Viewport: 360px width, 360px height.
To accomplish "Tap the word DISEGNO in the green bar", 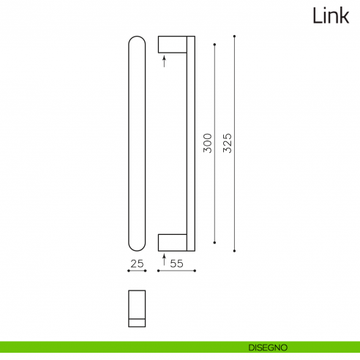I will click(x=266, y=346).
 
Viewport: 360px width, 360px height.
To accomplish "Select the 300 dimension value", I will click(x=207, y=143).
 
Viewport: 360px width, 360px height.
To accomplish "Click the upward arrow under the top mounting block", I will click(x=164, y=61).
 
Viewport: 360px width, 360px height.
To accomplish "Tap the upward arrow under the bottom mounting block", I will click(x=164, y=260).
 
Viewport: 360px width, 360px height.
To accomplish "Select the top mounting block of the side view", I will click(x=173, y=43).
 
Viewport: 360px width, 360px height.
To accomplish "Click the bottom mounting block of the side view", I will click(x=173, y=242).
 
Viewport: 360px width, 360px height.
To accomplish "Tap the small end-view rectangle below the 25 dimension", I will click(x=137, y=308).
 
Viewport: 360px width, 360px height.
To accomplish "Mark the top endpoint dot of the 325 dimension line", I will click(x=234, y=35).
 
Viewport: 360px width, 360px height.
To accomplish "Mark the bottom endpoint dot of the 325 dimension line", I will click(x=234, y=251).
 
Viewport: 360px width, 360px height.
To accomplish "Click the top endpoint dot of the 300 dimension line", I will click(x=214, y=45).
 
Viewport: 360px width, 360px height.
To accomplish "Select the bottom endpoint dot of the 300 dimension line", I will click(x=214, y=241).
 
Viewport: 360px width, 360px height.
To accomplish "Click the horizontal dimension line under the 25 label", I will click(x=137, y=271).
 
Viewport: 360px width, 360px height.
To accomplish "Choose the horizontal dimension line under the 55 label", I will click(x=176, y=271).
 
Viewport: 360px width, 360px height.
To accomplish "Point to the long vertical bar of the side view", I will click(x=192, y=143).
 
